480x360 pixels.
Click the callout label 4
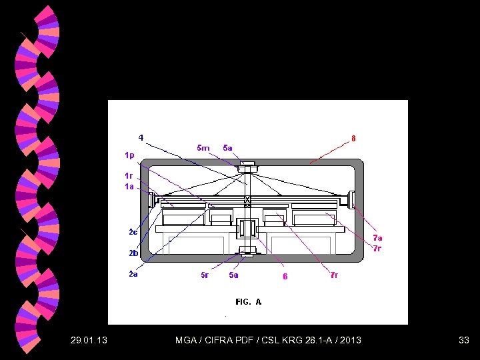click(141, 138)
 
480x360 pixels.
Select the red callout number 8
click(353, 139)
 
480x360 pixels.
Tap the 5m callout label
click(203, 148)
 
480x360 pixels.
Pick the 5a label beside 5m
click(227, 148)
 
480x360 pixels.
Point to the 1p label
click(129, 156)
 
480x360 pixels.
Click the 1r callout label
click(129, 176)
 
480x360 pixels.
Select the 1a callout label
click(129, 186)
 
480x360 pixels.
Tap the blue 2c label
click(133, 232)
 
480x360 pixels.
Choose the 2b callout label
click(133, 253)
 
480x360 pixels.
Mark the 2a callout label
click(133, 274)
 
